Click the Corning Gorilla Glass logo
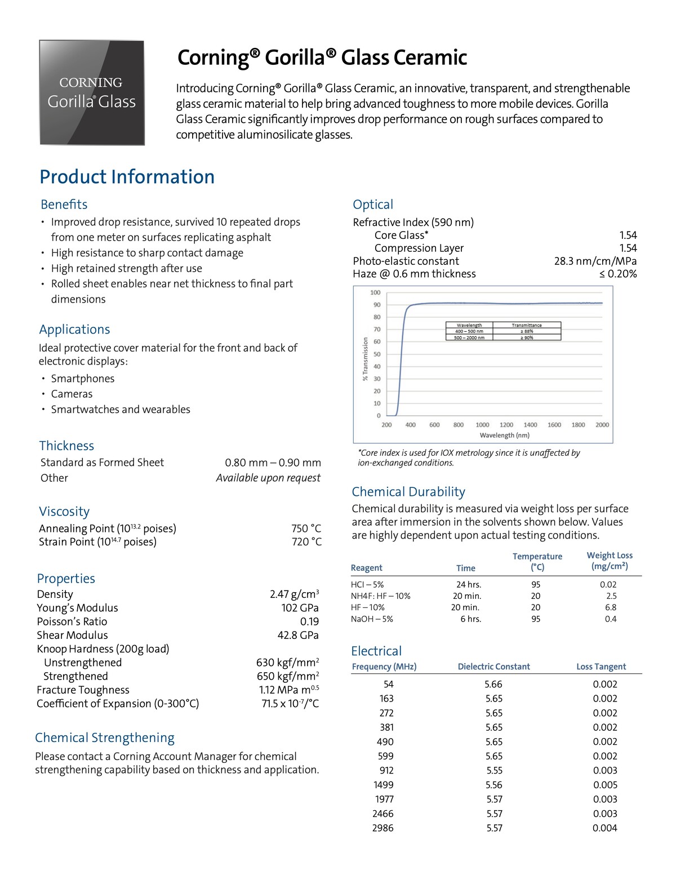click(92, 93)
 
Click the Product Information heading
click(127, 177)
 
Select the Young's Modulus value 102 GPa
click(300, 608)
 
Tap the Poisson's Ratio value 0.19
click(309, 621)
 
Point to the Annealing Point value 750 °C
click(306, 528)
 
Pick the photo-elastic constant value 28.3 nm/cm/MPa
click(595, 261)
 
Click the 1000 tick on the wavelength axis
click(482, 425)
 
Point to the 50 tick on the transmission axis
click(376, 354)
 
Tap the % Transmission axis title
click(365, 359)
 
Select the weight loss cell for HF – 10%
click(611, 607)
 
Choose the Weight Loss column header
click(610, 561)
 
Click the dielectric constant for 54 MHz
click(493, 684)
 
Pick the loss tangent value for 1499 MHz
click(605, 785)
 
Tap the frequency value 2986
click(383, 828)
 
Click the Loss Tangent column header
click(601, 667)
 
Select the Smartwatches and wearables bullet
click(121, 410)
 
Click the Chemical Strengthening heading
click(105, 738)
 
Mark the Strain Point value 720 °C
click(306, 542)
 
